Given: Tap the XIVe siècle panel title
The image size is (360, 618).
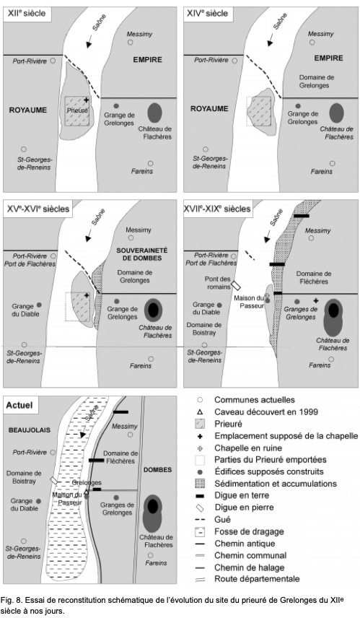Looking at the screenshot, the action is point(207,14).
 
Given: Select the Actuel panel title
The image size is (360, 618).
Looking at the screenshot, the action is point(19,405).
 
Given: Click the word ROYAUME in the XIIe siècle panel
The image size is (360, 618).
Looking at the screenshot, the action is point(28,110).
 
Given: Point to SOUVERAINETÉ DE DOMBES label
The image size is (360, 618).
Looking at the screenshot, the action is point(142,254).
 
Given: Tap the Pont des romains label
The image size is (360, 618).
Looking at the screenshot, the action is point(218,282).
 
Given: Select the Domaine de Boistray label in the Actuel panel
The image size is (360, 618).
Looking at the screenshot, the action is point(24,477).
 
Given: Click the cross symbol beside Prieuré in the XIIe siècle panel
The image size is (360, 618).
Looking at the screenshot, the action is point(87,100).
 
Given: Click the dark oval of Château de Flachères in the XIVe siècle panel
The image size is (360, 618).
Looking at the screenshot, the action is point(336,113).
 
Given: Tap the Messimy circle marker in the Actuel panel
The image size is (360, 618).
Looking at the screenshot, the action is point(130,435).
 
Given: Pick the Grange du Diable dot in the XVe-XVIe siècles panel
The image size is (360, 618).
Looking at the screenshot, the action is point(39,305).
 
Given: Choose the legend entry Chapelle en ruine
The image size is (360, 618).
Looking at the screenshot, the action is point(248,448).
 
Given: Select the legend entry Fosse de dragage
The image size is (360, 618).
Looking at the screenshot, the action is point(249,531).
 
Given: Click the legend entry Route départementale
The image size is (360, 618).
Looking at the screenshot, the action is point(257,579).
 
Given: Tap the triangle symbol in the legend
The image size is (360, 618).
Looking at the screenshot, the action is point(200,412).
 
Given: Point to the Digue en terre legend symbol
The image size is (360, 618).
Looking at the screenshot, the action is point(200,496).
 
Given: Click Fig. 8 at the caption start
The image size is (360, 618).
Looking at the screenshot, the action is point(10,600).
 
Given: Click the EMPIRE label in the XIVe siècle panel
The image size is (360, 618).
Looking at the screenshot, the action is point(328,58).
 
